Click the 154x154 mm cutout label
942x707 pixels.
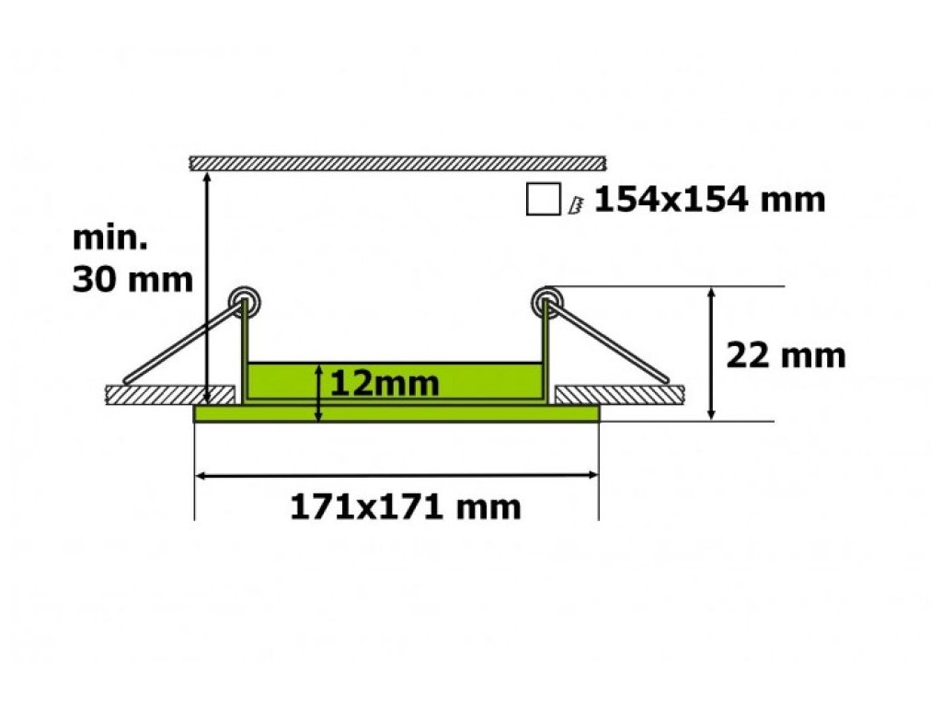(709, 200)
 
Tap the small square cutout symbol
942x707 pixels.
(543, 199)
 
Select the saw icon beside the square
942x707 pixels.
(576, 205)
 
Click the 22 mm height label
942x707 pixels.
(786, 355)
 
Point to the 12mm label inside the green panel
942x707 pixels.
(385, 383)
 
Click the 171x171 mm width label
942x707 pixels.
(406, 507)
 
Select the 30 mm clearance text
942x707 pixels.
(132, 280)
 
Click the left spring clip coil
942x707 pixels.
(245, 301)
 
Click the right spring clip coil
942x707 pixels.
(546, 301)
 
